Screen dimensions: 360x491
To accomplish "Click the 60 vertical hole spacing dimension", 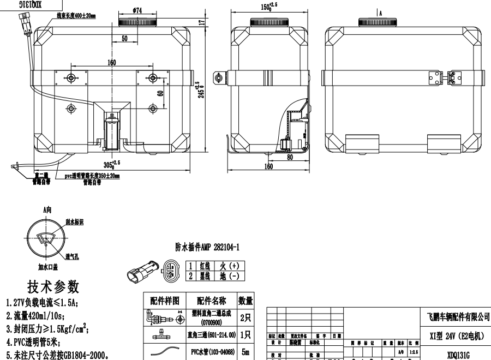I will coord(160,93).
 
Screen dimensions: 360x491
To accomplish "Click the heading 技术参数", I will coord(53,287).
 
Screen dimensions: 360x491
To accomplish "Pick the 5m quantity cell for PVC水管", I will coord(245,352).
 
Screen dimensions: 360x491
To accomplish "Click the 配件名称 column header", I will coord(209,301).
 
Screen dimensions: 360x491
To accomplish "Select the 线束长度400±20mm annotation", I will coord(76,16).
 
